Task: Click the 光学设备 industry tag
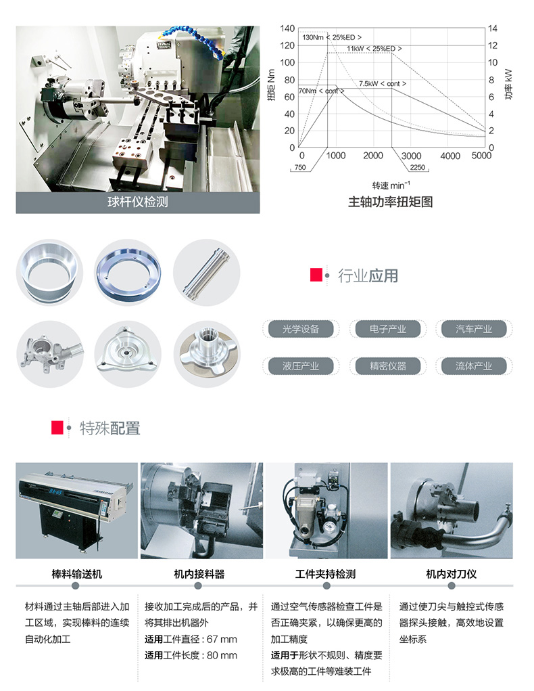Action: pos(301,329)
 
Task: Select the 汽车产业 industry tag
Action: pos(474,329)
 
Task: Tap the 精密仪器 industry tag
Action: pos(388,365)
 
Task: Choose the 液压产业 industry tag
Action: pos(301,365)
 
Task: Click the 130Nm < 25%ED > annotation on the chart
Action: pos(331,37)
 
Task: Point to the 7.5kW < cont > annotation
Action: pos(382,83)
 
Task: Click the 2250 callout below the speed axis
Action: pos(417,167)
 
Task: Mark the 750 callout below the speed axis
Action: pos(300,167)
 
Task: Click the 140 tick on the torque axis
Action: pos(287,28)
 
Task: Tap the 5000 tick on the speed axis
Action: pos(481,156)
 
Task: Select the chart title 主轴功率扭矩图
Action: pos(390,202)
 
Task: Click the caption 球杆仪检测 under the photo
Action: pos(138,202)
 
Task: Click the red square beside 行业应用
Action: pos(316,275)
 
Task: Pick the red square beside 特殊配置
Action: pos(57,428)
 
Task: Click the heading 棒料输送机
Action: pos(77,574)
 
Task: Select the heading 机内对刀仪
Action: pos(452,574)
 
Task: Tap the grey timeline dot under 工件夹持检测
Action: pos(326,585)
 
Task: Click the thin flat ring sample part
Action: pos(128,272)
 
